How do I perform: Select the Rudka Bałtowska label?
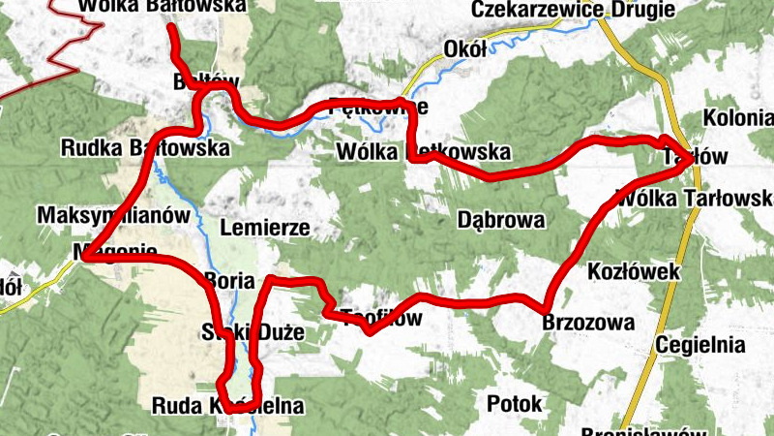click(x=144, y=149)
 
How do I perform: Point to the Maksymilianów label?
click(x=105, y=214)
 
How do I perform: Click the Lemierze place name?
click(x=264, y=229)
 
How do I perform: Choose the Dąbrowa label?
click(x=500, y=219)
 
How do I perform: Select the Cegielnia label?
click(x=700, y=345)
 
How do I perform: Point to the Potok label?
click(x=515, y=404)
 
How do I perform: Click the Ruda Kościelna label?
click(x=228, y=406)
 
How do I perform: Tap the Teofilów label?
click(x=382, y=318)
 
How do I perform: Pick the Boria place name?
click(x=229, y=281)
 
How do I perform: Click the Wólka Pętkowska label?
click(x=422, y=152)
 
